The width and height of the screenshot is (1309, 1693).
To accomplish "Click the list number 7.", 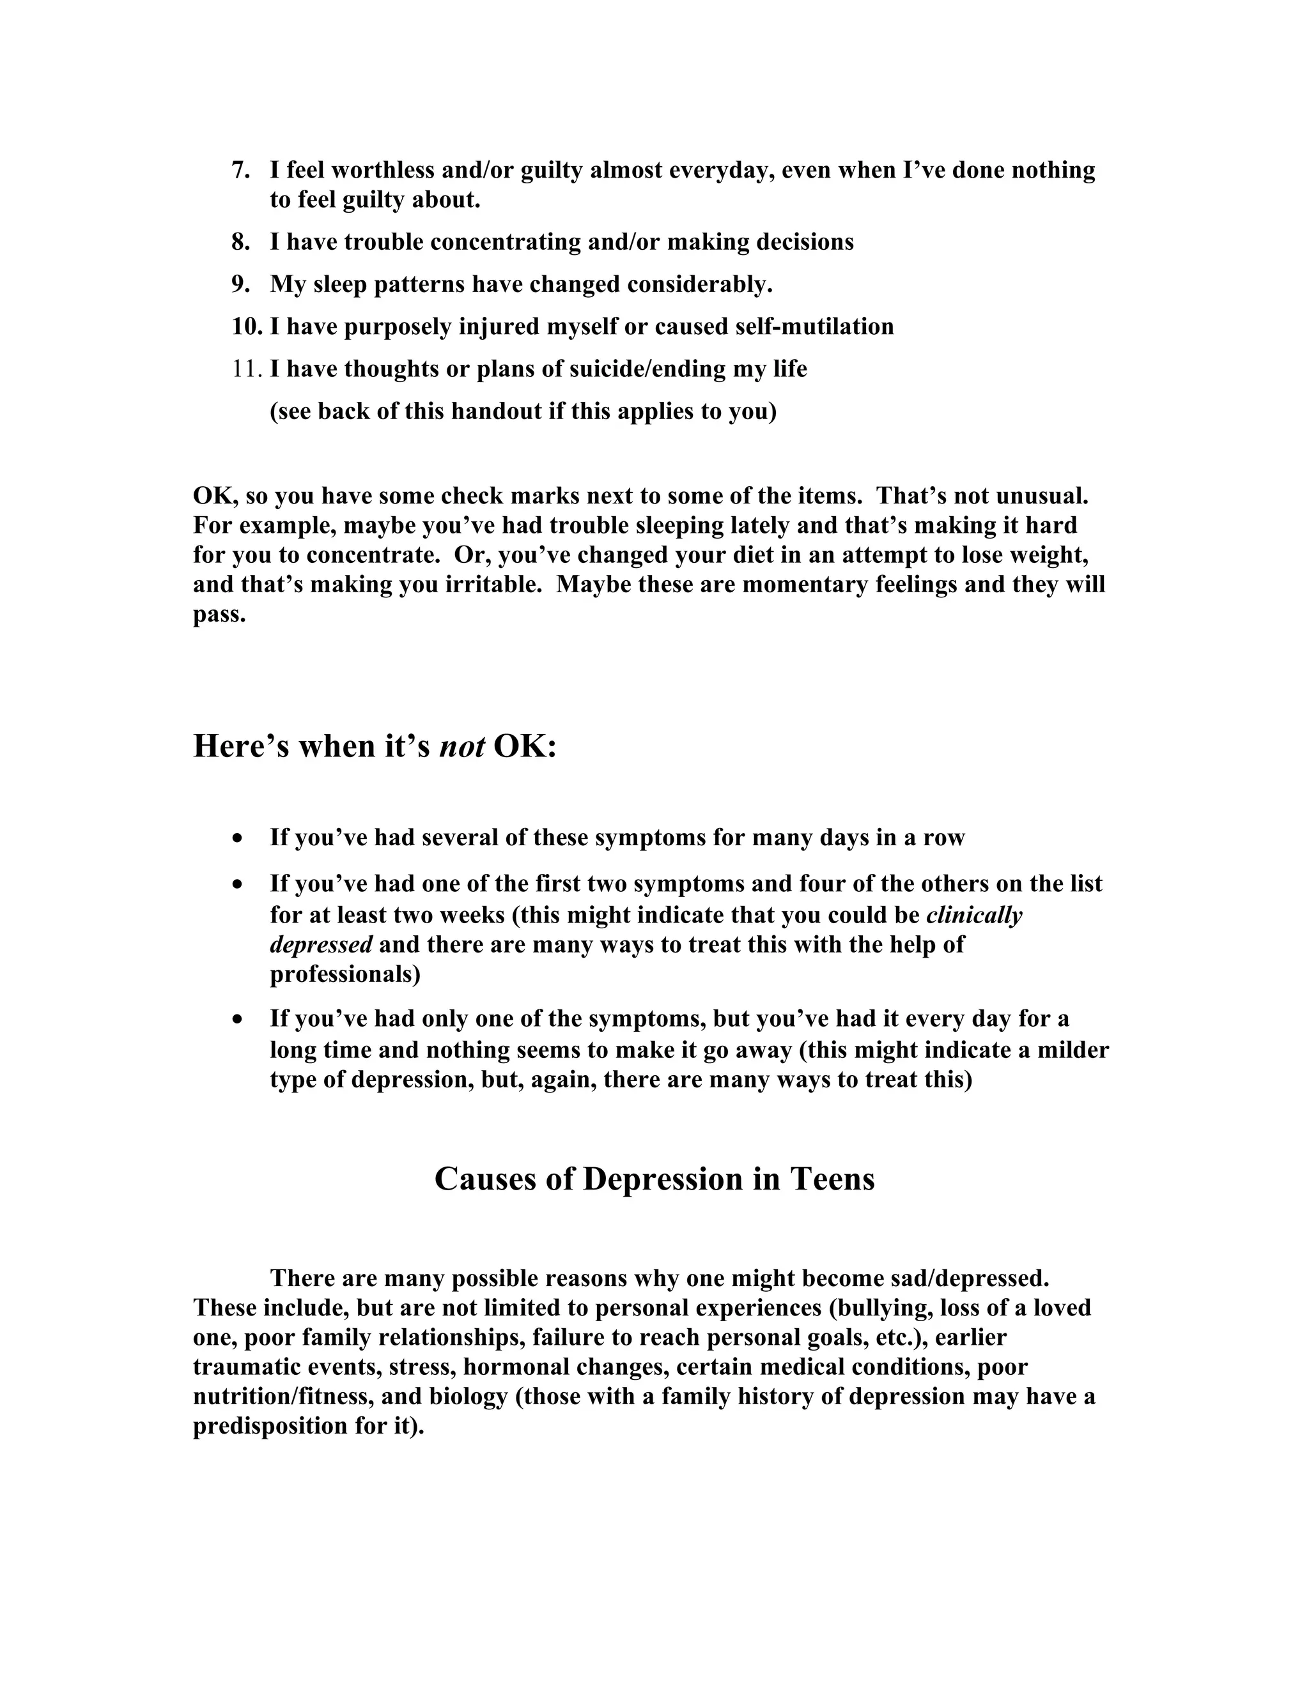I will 240,171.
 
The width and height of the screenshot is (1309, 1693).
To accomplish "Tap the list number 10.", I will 247,326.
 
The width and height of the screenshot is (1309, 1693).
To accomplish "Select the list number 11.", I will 247,369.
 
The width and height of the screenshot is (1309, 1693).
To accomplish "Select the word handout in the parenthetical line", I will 496,411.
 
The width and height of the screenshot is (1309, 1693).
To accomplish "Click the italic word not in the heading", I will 462,746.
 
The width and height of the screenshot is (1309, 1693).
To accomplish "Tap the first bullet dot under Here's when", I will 238,839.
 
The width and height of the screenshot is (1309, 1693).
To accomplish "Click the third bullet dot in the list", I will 238,1020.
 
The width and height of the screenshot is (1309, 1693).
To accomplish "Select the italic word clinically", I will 974,915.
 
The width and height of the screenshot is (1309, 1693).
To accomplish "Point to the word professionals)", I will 345,974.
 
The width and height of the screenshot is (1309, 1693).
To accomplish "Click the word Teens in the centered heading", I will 832,1179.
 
